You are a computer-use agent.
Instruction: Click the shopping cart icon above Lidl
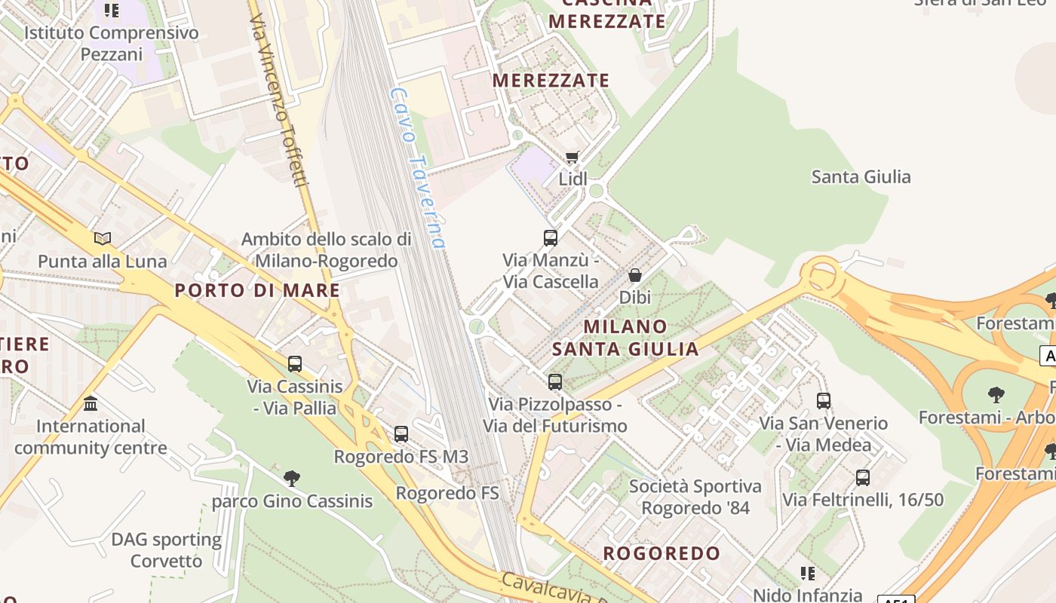click(572, 158)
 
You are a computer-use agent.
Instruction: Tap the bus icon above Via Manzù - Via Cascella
click(551, 238)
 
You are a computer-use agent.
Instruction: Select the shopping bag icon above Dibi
click(635, 275)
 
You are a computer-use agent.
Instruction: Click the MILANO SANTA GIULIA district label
click(625, 338)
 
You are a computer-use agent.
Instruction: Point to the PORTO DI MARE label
click(257, 290)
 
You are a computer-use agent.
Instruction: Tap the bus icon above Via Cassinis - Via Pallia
click(295, 364)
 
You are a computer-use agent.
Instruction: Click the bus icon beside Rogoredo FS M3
click(401, 434)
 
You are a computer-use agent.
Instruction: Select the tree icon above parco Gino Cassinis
click(292, 478)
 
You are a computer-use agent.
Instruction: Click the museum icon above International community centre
click(91, 403)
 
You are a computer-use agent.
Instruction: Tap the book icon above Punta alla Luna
click(103, 239)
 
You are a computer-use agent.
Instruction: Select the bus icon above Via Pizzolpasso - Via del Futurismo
click(555, 382)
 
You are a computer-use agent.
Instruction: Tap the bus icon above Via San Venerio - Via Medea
click(824, 401)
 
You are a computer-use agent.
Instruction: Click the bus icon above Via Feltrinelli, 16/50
click(863, 477)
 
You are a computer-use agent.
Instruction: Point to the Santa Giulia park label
click(861, 177)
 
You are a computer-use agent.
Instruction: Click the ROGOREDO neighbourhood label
click(662, 553)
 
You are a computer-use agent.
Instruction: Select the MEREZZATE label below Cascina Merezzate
click(551, 80)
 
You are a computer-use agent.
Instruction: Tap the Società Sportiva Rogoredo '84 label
click(695, 497)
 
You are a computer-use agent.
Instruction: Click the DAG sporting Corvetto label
click(166, 550)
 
